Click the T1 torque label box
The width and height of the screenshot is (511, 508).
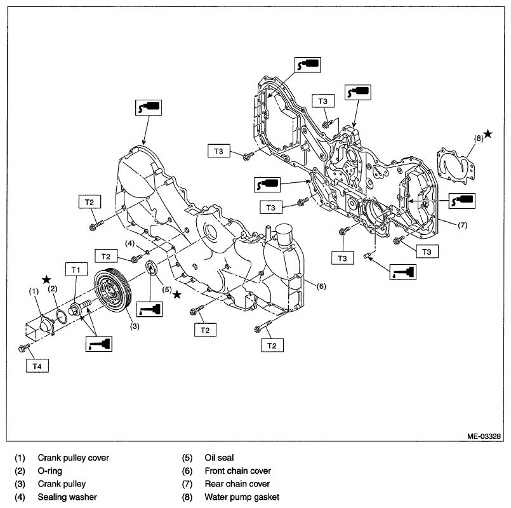point(76,269)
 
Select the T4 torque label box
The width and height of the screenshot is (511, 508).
point(37,366)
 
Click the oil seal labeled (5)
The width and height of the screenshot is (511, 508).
point(152,268)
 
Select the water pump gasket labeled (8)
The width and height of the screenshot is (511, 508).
point(456,165)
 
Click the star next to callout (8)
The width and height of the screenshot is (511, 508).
point(488,134)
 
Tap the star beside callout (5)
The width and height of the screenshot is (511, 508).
point(177,295)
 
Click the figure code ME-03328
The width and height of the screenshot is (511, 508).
point(484,436)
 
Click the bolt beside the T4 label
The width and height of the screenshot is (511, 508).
point(23,347)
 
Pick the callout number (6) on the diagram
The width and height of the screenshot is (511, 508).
point(321,286)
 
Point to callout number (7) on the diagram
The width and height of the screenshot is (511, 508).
point(463,225)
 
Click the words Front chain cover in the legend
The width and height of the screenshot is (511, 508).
point(238,471)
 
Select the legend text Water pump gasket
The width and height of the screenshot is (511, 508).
point(242,497)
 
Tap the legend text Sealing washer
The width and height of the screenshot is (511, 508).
point(67,497)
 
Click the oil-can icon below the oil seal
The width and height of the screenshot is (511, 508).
point(149,309)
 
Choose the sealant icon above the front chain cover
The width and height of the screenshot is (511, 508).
point(149,107)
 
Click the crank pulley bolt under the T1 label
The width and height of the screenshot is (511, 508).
point(79,307)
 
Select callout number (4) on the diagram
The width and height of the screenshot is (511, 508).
point(130,244)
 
